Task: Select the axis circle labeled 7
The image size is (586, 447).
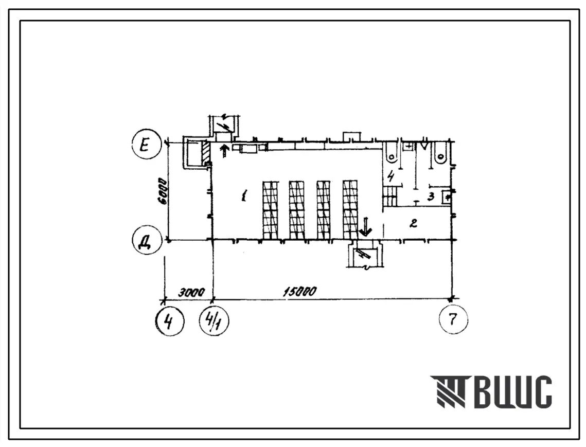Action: (453, 319)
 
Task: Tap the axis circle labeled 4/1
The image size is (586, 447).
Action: (215, 321)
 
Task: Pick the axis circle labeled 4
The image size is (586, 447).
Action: (170, 321)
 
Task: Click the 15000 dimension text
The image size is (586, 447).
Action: (299, 291)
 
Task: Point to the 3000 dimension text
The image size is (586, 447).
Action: (190, 292)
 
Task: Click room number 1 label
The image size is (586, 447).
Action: (244, 195)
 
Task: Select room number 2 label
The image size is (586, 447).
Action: (413, 223)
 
